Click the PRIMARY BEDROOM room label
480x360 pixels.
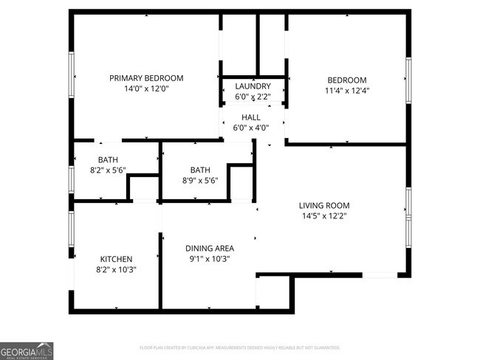coord(146,78)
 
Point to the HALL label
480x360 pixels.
coord(251,117)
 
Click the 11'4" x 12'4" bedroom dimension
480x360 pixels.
coord(346,91)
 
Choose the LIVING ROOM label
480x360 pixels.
coord(324,206)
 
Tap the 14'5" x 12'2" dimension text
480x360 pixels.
coord(324,216)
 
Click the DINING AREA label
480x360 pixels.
coord(209,249)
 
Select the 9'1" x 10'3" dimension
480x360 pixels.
coord(209,259)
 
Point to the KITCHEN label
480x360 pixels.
coord(117,259)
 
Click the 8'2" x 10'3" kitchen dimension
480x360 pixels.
coord(117,269)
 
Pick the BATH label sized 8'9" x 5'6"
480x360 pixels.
coord(200,170)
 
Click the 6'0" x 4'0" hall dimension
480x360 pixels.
coord(251,128)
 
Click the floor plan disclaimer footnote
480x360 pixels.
coord(240,347)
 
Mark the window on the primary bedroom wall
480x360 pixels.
coord(72,75)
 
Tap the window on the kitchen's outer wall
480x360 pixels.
coord(72,233)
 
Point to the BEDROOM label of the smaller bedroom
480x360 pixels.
coord(346,80)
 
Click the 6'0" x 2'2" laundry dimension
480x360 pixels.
coord(253,97)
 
